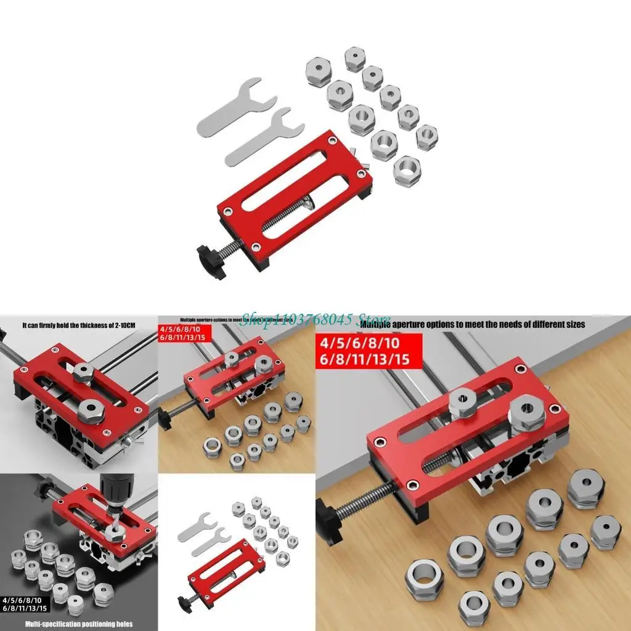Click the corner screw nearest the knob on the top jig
coord(253,246)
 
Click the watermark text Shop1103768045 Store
coord(314,319)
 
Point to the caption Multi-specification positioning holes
coord(79,624)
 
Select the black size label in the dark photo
coord(22,604)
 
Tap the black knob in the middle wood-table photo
coord(165,420)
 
